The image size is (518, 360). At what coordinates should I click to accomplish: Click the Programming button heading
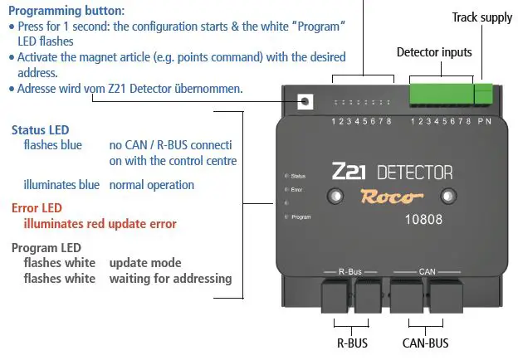point(66,11)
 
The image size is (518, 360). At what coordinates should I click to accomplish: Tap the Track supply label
point(481,17)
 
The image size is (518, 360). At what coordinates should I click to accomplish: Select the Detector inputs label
point(434,52)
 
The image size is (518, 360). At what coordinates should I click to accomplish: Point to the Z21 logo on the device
point(349,172)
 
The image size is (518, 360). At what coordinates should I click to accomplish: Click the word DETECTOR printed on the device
point(415,173)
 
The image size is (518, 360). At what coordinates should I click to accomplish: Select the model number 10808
point(423,221)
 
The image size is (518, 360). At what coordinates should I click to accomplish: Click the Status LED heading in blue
point(40,130)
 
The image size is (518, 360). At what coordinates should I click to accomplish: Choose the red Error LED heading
point(37,207)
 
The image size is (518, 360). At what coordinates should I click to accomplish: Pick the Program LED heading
point(46,248)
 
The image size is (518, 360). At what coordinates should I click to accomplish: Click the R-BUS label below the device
point(351,342)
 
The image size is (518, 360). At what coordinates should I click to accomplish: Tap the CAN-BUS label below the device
point(425,342)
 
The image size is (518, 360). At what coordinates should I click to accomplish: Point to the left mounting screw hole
point(336,197)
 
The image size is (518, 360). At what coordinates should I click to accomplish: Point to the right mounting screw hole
point(448,197)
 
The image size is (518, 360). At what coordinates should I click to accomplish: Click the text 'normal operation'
point(151,185)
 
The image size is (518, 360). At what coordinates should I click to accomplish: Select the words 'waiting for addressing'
point(170,279)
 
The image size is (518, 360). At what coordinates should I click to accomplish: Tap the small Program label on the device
point(301,216)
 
